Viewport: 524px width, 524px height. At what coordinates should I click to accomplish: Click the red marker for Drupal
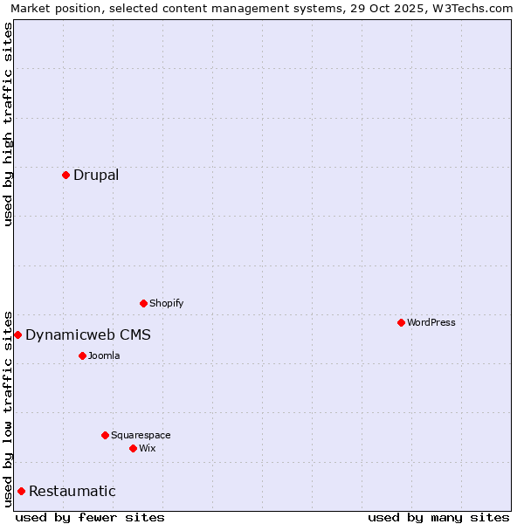click(x=65, y=176)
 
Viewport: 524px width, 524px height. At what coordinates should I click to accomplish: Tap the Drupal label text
click(x=96, y=176)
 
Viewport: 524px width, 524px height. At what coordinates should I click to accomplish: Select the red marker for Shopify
click(x=143, y=304)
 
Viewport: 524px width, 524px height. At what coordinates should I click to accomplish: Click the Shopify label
click(x=166, y=304)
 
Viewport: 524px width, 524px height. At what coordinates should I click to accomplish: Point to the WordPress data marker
click(x=401, y=323)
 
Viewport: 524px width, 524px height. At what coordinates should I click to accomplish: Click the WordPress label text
click(x=431, y=323)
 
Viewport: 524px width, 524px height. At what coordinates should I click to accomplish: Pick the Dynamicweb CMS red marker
click(x=17, y=335)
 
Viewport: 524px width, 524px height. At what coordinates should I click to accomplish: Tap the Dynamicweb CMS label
click(x=87, y=335)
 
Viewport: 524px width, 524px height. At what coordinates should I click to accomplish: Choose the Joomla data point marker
click(x=82, y=356)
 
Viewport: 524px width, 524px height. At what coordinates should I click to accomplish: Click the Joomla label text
click(x=104, y=356)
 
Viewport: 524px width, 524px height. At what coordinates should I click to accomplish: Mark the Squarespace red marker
click(x=105, y=436)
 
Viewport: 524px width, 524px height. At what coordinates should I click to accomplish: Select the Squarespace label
click(x=141, y=436)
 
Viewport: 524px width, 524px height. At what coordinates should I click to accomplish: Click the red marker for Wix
click(x=133, y=449)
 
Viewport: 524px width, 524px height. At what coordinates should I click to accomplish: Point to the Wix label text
click(x=147, y=449)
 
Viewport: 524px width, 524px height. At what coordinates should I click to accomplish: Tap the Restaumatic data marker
click(x=21, y=492)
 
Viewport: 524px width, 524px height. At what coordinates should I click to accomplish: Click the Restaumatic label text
click(x=72, y=492)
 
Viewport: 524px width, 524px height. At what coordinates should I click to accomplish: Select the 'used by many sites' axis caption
click(x=438, y=517)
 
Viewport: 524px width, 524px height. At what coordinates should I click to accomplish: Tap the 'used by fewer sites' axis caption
click(x=90, y=517)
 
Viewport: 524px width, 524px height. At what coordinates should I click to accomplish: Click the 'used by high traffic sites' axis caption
click(x=9, y=124)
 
